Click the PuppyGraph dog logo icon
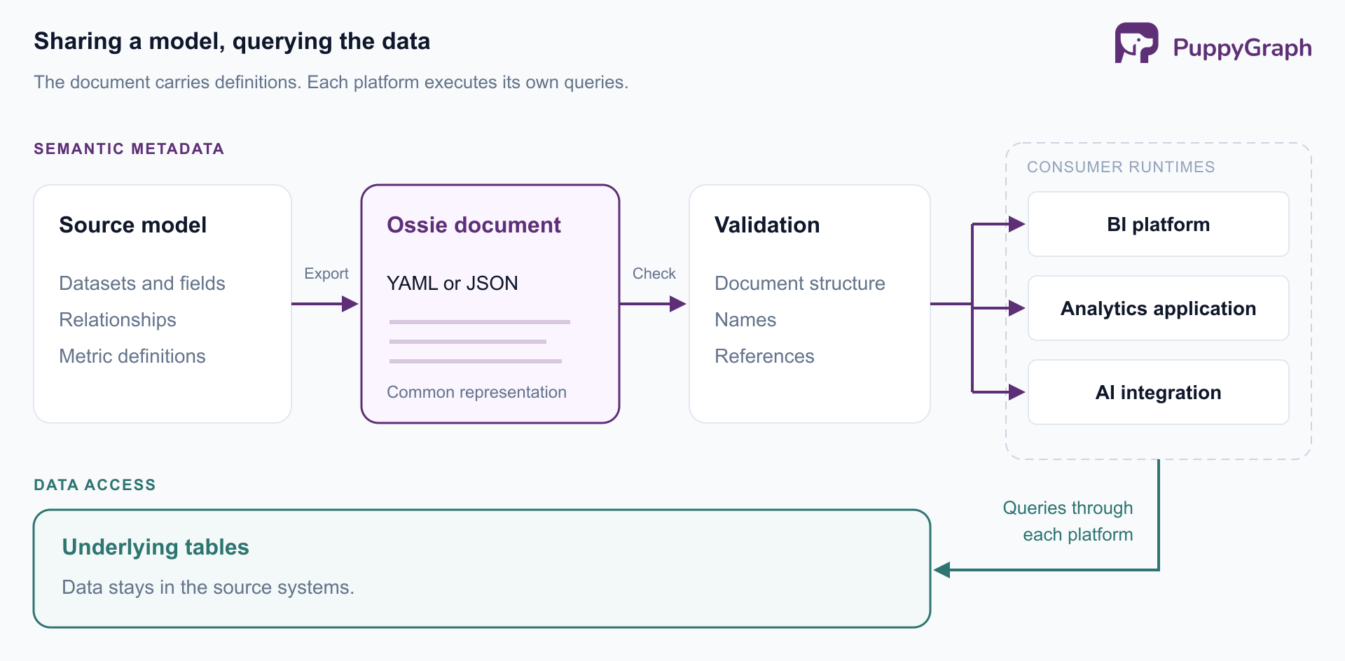(1136, 43)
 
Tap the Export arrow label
(326, 274)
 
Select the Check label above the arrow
(654, 274)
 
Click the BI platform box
(1158, 224)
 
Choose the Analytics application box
(1158, 308)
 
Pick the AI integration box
(1158, 392)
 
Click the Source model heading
(133, 225)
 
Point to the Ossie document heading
(474, 225)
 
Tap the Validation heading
(767, 225)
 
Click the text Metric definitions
(132, 356)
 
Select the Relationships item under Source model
(118, 320)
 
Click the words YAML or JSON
(453, 284)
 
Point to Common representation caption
(476, 392)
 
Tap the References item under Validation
(764, 356)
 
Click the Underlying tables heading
(156, 547)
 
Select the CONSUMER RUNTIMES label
(1121, 167)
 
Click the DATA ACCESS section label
(95, 485)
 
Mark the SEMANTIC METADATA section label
(129, 148)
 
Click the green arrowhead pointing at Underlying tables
(942, 570)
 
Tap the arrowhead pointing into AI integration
(1017, 392)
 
